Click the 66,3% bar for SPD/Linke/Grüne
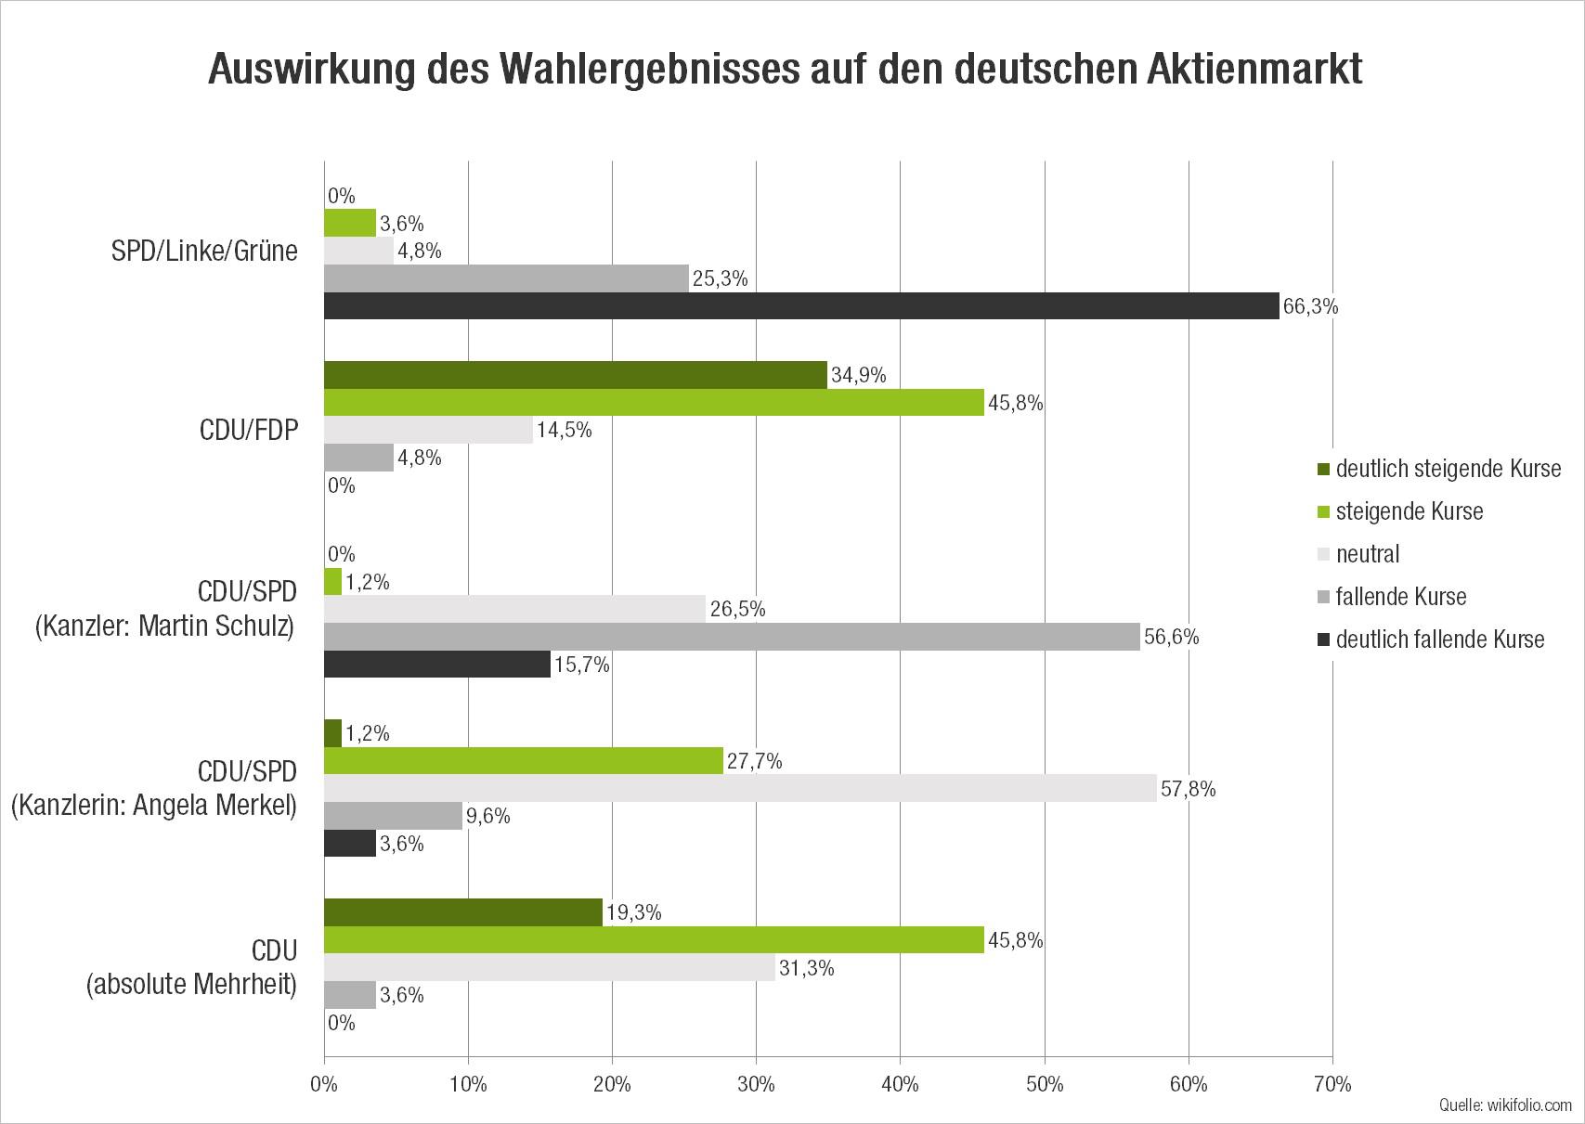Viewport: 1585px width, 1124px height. tap(801, 306)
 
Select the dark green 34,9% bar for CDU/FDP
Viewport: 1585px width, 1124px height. tap(575, 375)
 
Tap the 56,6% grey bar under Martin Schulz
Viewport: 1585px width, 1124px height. tap(732, 637)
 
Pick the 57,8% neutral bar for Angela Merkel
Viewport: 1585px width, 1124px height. tap(740, 788)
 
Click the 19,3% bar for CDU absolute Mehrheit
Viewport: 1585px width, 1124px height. tap(463, 912)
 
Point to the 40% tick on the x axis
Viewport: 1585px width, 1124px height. tap(900, 1084)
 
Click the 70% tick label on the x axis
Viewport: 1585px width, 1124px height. tap(1332, 1084)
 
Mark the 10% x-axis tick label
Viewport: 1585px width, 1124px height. tap(468, 1084)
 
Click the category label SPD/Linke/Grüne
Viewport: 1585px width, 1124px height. tap(204, 251)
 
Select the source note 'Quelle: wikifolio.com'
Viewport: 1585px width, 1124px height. tap(1505, 1105)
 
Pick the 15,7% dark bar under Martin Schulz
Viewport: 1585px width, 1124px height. tap(436, 665)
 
